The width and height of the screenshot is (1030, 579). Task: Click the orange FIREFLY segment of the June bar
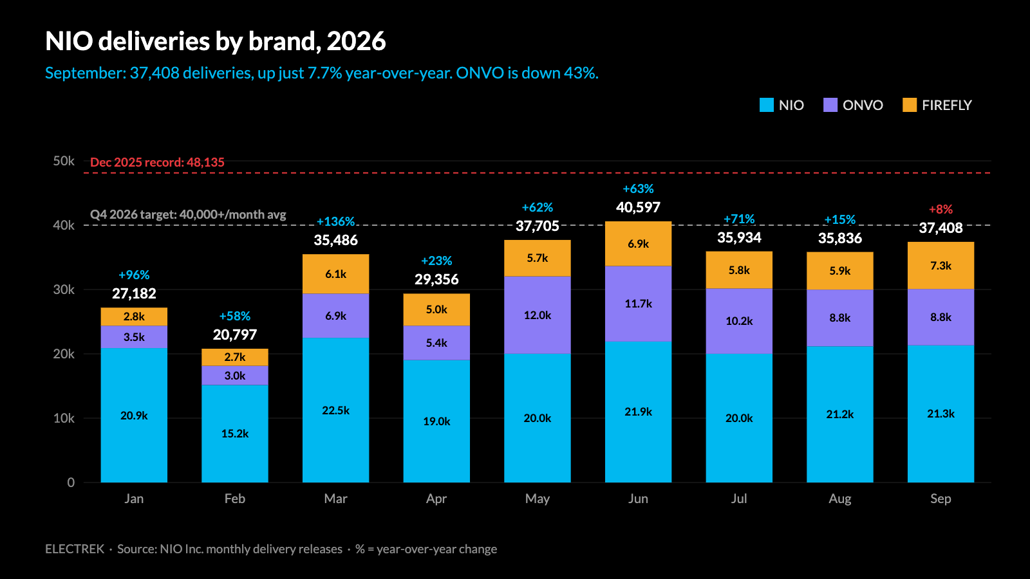(x=638, y=244)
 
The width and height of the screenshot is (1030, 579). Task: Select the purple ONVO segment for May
(x=537, y=315)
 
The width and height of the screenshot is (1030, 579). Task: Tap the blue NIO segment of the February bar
(x=234, y=434)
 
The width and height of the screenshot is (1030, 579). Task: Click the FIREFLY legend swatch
(x=910, y=106)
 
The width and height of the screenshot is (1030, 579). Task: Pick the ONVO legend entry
(x=854, y=106)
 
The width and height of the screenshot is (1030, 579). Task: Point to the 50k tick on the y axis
(x=64, y=161)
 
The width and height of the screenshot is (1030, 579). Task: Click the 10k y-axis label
(x=64, y=418)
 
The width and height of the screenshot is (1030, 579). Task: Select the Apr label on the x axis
(x=436, y=499)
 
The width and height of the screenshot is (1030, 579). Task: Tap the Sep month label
(x=941, y=499)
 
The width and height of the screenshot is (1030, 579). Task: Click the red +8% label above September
(x=941, y=210)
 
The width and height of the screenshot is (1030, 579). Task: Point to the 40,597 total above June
(x=638, y=208)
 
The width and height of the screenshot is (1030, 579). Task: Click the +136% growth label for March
(x=335, y=222)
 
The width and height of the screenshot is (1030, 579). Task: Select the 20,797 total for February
(x=234, y=335)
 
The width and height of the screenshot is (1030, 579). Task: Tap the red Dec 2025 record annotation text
(x=157, y=162)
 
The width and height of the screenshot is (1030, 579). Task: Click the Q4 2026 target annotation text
(x=188, y=215)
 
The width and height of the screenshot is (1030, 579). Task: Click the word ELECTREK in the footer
(x=75, y=549)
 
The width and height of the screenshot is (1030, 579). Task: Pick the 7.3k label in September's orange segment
(x=941, y=266)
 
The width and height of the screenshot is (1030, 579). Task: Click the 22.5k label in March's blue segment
(x=335, y=410)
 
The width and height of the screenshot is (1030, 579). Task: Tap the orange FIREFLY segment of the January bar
(x=134, y=317)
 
